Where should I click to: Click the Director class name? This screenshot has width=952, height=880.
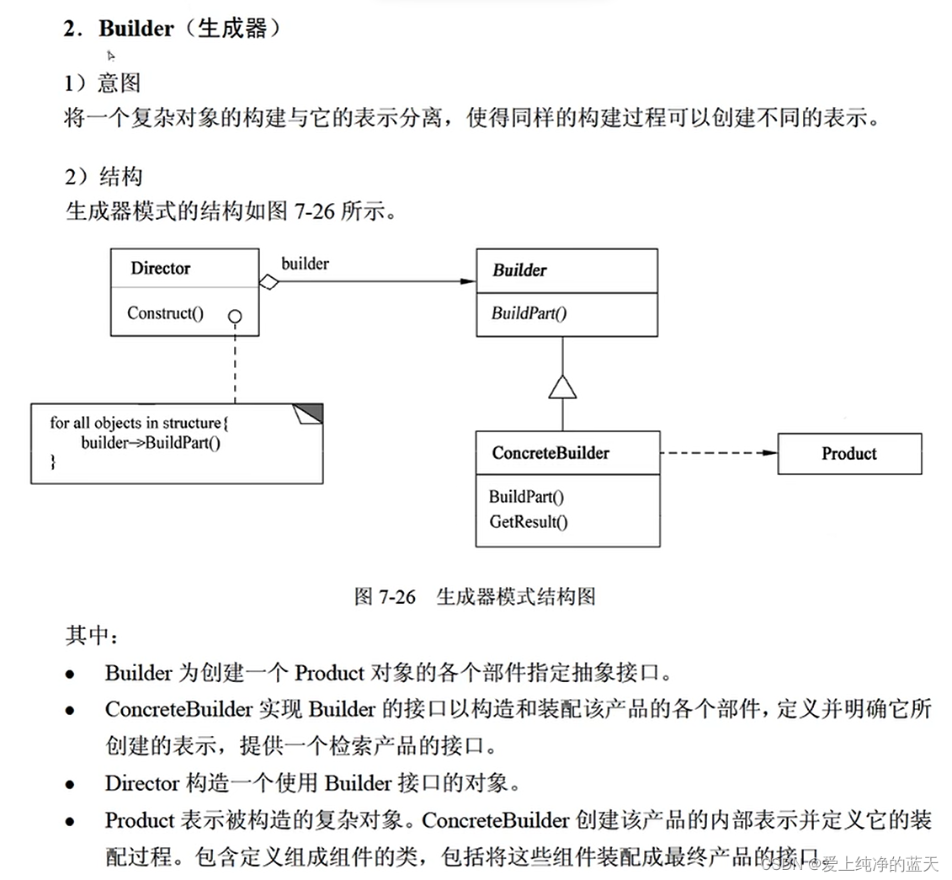click(x=160, y=269)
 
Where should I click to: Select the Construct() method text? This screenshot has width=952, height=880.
click(x=166, y=313)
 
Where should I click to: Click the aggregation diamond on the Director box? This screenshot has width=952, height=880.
click(x=269, y=282)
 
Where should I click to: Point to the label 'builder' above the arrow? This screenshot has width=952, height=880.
click(x=305, y=264)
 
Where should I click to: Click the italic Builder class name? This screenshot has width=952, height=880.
click(x=519, y=270)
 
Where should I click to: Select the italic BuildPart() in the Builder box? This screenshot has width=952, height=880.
click(x=529, y=314)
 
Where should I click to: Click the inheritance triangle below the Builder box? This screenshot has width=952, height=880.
click(x=562, y=386)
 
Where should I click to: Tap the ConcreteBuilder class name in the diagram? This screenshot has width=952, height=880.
click(x=550, y=453)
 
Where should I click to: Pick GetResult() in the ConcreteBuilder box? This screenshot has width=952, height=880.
click(x=529, y=521)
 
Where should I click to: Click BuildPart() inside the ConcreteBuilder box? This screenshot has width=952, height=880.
click(x=527, y=497)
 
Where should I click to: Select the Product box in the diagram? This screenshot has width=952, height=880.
click(x=848, y=454)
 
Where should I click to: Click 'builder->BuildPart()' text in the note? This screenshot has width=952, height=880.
click(x=151, y=442)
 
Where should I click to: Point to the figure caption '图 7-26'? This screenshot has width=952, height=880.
click(x=386, y=597)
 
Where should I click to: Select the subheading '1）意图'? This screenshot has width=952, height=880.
click(x=103, y=83)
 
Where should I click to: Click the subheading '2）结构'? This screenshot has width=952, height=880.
click(x=103, y=177)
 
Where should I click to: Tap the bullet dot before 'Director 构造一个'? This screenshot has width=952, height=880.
click(x=71, y=785)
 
